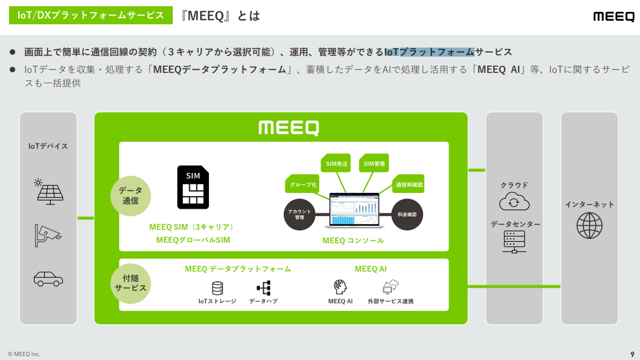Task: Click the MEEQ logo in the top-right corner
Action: coord(613,16)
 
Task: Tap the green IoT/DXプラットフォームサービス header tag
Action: coord(91,15)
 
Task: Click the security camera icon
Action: coord(48,234)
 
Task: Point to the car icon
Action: coord(48,278)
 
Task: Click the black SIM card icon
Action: coord(193,187)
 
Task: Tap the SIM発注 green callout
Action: coord(336,164)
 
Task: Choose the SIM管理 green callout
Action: coord(374,164)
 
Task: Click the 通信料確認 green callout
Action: coord(409,185)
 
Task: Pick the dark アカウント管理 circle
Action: coord(300,215)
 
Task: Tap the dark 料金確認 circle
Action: coord(407,215)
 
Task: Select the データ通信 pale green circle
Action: coord(131,195)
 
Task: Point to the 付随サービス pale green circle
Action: coord(131,283)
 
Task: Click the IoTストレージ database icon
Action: coord(217,288)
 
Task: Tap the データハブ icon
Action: coord(263,288)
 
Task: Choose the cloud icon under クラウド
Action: coord(514,202)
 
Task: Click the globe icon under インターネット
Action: coord(589,225)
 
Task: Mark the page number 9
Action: coord(632,354)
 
